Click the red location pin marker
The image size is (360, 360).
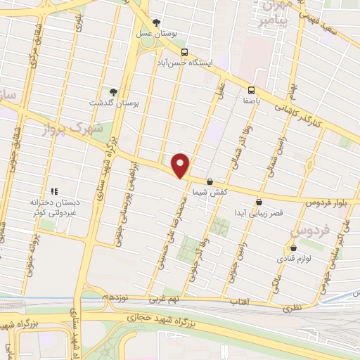[x=181, y=165]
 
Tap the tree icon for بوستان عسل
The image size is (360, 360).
[x=156, y=23]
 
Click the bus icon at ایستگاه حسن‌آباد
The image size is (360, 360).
[x=184, y=52]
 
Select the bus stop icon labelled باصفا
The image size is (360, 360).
[x=251, y=89]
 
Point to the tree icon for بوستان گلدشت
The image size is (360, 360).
[x=113, y=91]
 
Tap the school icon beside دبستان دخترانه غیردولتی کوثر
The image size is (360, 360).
[x=53, y=191]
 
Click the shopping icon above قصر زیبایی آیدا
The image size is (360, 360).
[x=259, y=202]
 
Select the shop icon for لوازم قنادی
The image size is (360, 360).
[x=293, y=248]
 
